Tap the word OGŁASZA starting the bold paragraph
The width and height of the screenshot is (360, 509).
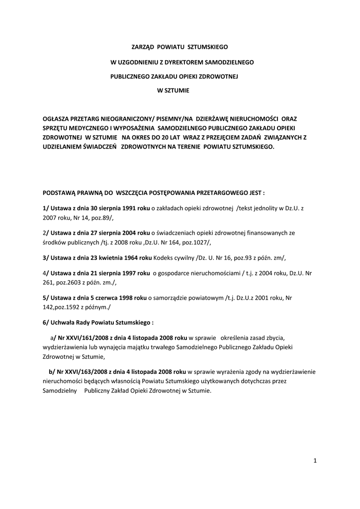60,119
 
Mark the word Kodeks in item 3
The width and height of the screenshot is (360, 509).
164,257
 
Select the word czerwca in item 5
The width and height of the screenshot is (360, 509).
103,298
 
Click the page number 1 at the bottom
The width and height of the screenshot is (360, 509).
315,461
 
